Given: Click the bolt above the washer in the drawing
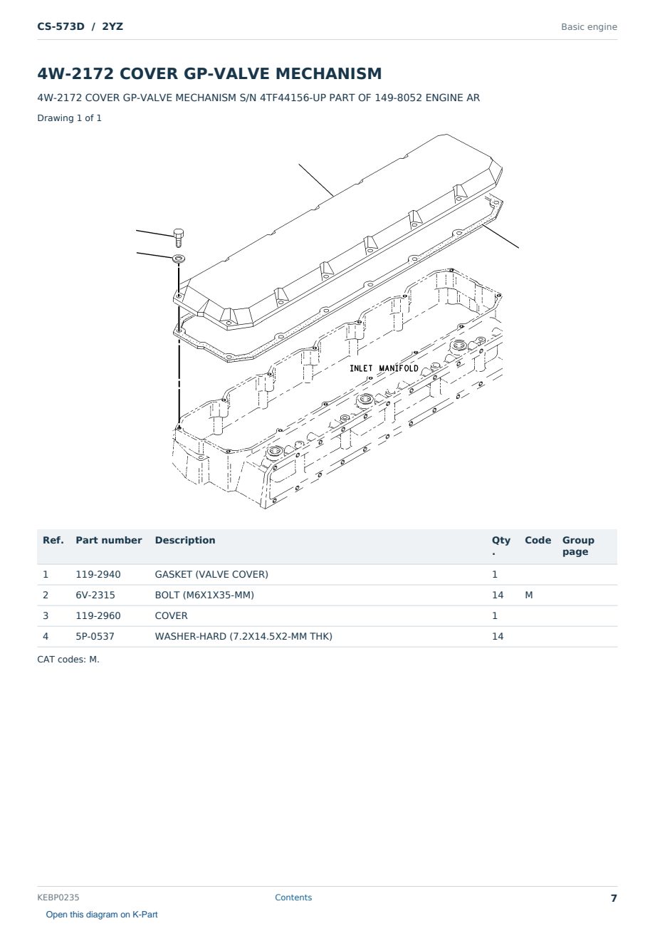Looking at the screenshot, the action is [x=179, y=237].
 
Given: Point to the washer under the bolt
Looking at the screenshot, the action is [x=179, y=259].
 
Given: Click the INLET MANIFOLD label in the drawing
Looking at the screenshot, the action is [x=384, y=368].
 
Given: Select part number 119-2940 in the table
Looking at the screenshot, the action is [x=98, y=574].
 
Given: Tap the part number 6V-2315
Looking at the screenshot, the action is [x=95, y=595].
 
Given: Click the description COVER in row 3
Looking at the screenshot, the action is [x=171, y=615].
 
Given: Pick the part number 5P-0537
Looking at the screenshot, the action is [x=95, y=636].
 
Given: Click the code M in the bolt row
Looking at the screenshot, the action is [x=528, y=595].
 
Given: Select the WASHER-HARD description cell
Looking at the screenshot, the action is [x=243, y=636].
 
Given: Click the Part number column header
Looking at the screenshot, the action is [x=109, y=540].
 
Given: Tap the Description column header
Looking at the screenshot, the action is [x=185, y=540].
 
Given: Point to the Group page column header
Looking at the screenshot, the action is [x=578, y=546].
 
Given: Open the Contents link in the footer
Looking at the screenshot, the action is [x=293, y=898].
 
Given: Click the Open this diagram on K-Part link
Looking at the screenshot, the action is [x=102, y=915].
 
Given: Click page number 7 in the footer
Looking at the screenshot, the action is [x=614, y=898].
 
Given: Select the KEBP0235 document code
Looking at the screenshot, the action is [x=58, y=898].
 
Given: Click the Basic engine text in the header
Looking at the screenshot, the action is [x=589, y=27].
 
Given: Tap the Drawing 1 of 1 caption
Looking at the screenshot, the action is [x=70, y=118].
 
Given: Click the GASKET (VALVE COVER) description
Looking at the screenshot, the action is [x=211, y=574].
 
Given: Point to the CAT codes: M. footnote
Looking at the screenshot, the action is [x=68, y=660].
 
